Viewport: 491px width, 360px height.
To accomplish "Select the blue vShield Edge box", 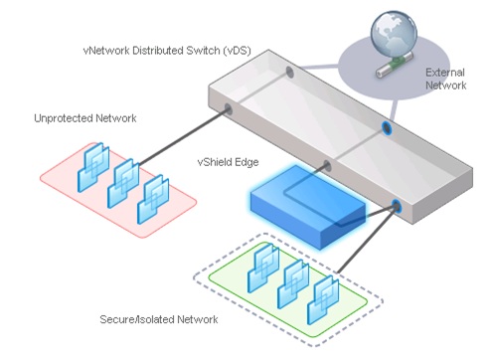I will click(300, 207).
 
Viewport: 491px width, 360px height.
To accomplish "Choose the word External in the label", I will click(445, 73).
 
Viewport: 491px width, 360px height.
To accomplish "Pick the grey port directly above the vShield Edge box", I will click(325, 164).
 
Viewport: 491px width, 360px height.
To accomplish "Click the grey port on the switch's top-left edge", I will click(289, 73).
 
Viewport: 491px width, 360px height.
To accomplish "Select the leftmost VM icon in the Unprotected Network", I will click(97, 159).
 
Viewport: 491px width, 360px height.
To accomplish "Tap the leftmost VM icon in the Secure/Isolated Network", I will click(266, 263).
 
